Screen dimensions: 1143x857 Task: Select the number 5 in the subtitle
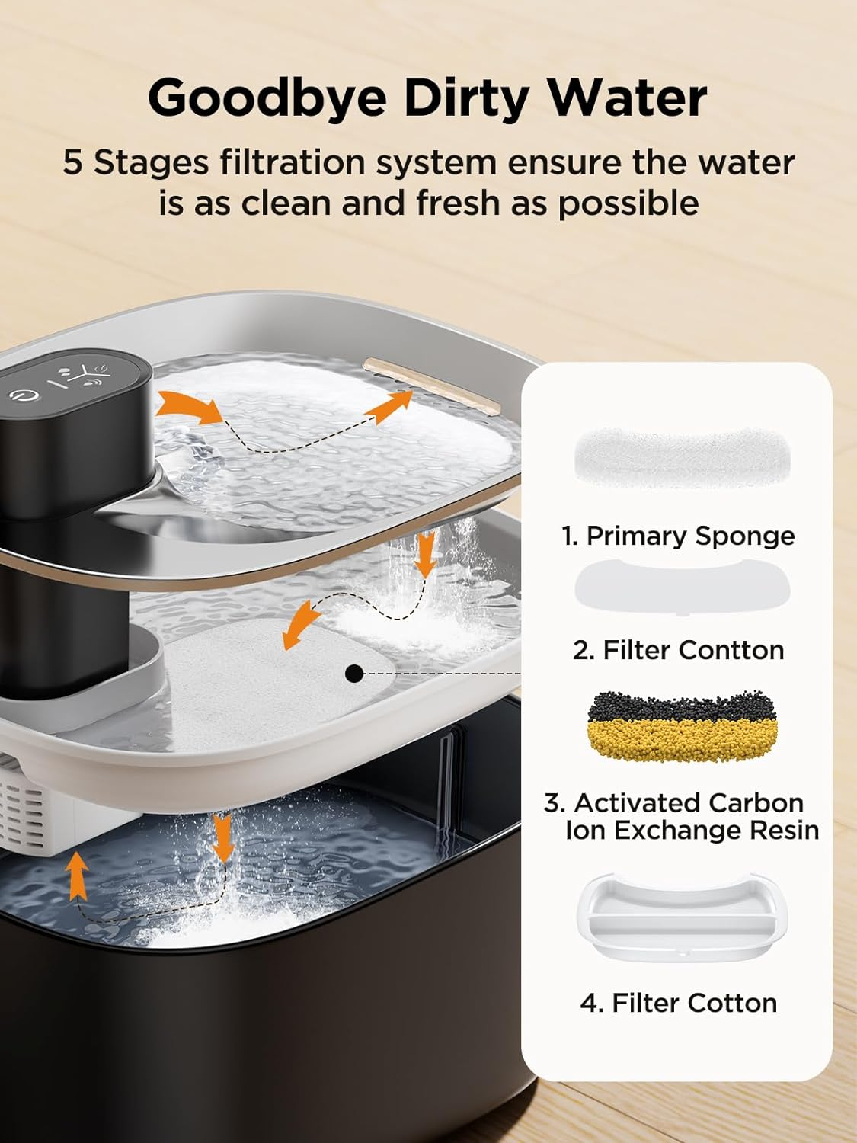pos(72,162)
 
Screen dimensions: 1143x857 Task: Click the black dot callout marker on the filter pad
pos(353,674)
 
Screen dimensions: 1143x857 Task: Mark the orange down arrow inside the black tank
pos(222,837)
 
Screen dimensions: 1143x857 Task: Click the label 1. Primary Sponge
pos(678,536)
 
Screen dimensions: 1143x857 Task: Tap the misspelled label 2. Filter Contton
pos(678,650)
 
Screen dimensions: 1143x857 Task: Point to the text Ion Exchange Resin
pos(692,830)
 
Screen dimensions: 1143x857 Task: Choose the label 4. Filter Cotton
pos(678,1003)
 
